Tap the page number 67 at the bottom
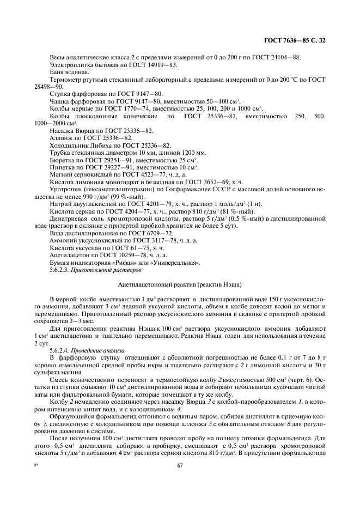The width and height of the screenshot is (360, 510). (x=180, y=465)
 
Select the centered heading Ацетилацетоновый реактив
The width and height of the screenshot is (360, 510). (x=180, y=284)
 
